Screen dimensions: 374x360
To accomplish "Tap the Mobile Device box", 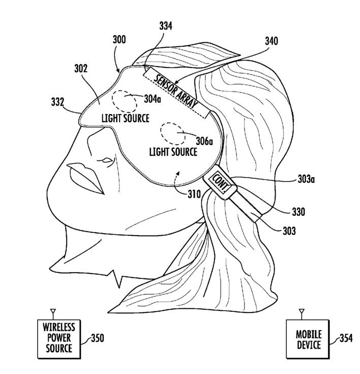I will (x=308, y=339).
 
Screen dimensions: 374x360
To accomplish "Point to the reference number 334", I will (x=165, y=26).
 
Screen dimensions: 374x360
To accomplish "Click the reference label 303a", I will (x=307, y=179).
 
